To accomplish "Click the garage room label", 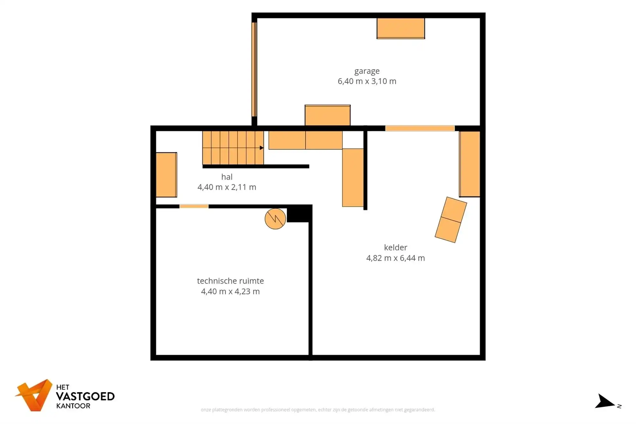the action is (x=367, y=71).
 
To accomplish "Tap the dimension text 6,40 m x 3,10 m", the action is (x=367, y=81).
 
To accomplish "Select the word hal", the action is (x=227, y=177).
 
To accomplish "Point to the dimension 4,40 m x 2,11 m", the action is (x=227, y=187).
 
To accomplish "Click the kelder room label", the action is (x=396, y=247).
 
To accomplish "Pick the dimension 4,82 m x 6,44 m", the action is (x=396, y=258).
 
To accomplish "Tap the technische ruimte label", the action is (x=231, y=281).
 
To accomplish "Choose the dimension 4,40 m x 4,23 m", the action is (x=231, y=291).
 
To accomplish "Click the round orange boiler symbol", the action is (x=275, y=219).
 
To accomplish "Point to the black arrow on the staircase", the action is (x=261, y=148).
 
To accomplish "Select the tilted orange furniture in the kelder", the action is (x=451, y=220).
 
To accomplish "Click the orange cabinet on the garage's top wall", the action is (x=401, y=28).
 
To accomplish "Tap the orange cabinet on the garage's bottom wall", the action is (x=328, y=115).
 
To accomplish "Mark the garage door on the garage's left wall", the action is (x=254, y=69).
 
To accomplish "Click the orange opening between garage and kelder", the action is (x=420, y=128).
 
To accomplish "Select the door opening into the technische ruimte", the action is (x=194, y=207).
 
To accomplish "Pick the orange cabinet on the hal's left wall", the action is (x=166, y=175).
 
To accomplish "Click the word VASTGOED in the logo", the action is (x=85, y=397).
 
